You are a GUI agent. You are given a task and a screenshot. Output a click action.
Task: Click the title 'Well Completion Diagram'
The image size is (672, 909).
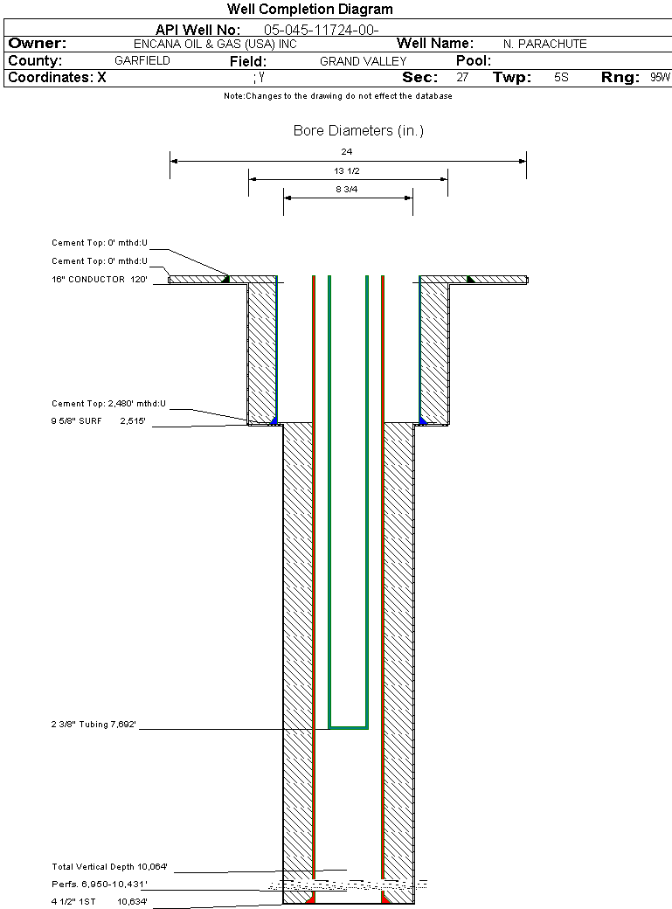point(309,10)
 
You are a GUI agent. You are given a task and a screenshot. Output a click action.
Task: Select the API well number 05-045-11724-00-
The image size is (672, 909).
point(322,30)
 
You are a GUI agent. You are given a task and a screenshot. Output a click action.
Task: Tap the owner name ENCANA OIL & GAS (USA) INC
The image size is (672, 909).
point(215,44)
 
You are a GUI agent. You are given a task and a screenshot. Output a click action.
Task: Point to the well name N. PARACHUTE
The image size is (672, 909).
point(545,44)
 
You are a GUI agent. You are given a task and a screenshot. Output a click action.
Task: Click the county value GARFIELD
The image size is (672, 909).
point(142,61)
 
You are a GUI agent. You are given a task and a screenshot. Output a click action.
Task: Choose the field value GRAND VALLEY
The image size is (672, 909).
point(363,61)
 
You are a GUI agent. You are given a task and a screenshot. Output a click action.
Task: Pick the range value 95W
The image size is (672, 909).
point(660,78)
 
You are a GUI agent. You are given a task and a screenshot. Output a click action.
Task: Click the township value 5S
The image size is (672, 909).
point(561,78)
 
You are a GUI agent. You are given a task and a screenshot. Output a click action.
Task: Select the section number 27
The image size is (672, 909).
point(462,78)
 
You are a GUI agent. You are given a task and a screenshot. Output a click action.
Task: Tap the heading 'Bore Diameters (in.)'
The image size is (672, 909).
point(358,130)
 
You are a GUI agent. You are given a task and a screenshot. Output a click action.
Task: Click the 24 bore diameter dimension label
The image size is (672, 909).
point(347,152)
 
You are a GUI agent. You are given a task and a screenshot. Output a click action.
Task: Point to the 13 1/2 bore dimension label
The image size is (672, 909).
point(347,171)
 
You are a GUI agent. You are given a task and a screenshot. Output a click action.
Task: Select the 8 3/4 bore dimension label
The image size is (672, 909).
point(347,190)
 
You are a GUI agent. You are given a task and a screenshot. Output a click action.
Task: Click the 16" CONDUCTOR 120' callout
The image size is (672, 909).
point(99,280)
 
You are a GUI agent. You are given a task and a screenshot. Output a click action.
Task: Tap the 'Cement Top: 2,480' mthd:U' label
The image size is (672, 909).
point(108,404)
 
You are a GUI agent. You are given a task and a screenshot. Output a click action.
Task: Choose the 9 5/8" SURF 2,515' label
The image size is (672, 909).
point(98,421)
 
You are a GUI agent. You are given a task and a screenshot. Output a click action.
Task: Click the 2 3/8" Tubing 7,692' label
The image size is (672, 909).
point(94,724)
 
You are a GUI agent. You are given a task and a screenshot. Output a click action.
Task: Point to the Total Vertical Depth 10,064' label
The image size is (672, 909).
point(109,867)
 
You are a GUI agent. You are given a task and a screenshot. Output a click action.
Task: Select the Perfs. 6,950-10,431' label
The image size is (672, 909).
point(100,884)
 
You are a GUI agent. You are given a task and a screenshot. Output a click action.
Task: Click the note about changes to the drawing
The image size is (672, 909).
point(338,96)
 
